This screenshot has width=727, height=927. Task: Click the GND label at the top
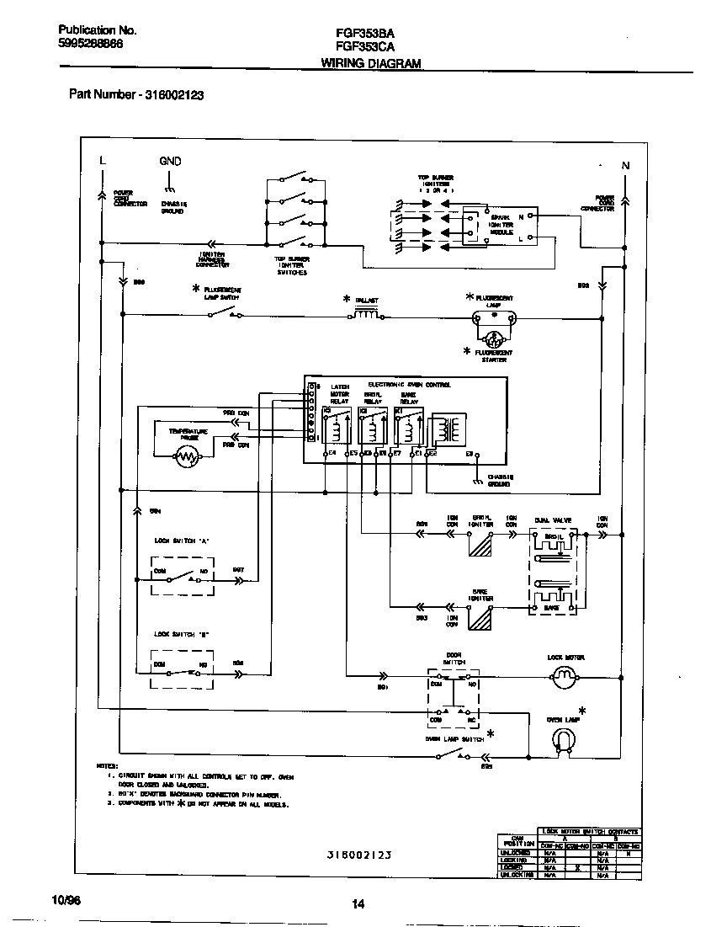pos(170,161)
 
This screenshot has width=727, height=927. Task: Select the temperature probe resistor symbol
pos(186,457)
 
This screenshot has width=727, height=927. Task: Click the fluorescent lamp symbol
pos(494,317)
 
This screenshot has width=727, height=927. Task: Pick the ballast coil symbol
pos(364,316)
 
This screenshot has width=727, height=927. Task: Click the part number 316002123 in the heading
pos(174,95)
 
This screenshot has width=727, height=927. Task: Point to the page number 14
pos(358,904)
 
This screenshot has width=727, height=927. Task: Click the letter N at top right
pos(625,166)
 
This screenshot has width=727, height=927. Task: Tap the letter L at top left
pos(102,161)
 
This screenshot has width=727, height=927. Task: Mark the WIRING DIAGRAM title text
pos(371,64)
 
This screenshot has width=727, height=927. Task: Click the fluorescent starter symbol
pos(494,338)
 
